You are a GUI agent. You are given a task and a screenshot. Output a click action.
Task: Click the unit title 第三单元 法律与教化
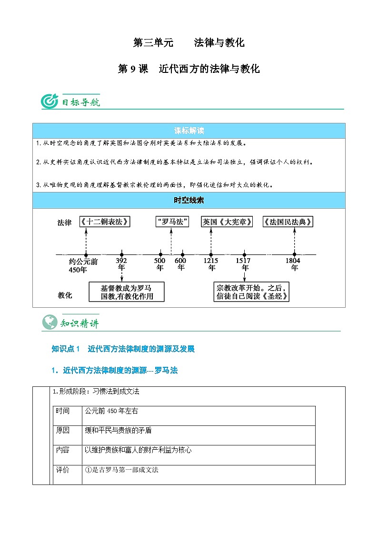(x=189, y=43)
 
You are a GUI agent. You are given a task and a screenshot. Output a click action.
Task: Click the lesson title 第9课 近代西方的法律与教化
(x=189, y=69)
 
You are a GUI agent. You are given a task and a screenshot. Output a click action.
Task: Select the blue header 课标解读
(x=189, y=131)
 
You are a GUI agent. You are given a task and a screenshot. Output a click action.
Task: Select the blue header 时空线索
(x=189, y=201)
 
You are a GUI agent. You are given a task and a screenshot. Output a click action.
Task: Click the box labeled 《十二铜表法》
(x=105, y=222)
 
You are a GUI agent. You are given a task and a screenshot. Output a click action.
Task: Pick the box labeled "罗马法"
(x=172, y=222)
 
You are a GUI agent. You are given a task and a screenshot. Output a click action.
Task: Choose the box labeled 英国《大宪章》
(x=227, y=222)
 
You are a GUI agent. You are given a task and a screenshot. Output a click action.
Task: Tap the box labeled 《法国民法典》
(x=288, y=222)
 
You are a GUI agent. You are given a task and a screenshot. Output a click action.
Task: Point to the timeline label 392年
(x=121, y=264)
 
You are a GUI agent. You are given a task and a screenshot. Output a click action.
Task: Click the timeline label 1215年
(x=211, y=264)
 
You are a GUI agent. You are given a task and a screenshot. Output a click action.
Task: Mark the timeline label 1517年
(x=244, y=264)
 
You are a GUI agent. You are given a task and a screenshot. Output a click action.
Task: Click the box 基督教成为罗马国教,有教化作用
(x=127, y=292)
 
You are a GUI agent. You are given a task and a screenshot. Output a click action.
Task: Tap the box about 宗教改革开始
(x=253, y=292)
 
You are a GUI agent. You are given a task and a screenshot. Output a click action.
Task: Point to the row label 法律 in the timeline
(x=64, y=222)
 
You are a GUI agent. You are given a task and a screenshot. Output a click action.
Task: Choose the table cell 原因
(x=62, y=431)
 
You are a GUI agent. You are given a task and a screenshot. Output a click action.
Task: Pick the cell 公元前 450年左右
(x=111, y=411)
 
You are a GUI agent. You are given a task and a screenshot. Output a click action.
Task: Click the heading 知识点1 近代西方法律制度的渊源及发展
(x=123, y=349)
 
